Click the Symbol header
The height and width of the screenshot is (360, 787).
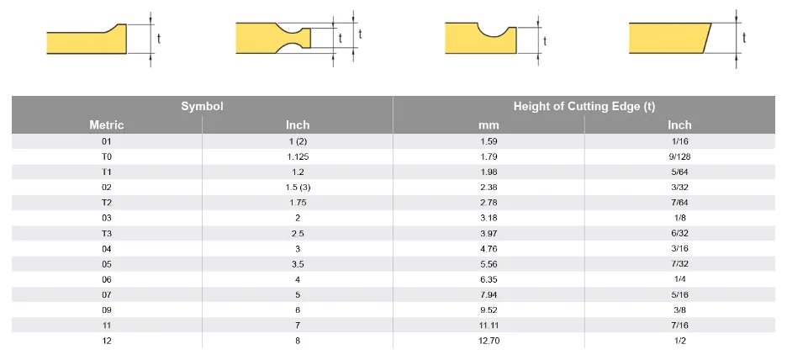[202, 106]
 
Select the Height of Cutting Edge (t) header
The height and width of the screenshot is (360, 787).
[584, 106]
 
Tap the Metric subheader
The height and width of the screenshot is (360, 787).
[107, 124]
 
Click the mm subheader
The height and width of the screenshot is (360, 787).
[489, 125]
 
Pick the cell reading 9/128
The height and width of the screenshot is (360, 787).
[679, 156]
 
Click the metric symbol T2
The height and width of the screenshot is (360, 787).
[107, 203]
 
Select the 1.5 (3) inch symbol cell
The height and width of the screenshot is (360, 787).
[298, 188]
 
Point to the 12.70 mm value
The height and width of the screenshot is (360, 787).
[489, 341]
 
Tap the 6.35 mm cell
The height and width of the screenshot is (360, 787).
[489, 279]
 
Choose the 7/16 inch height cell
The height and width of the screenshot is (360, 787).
[679, 326]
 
